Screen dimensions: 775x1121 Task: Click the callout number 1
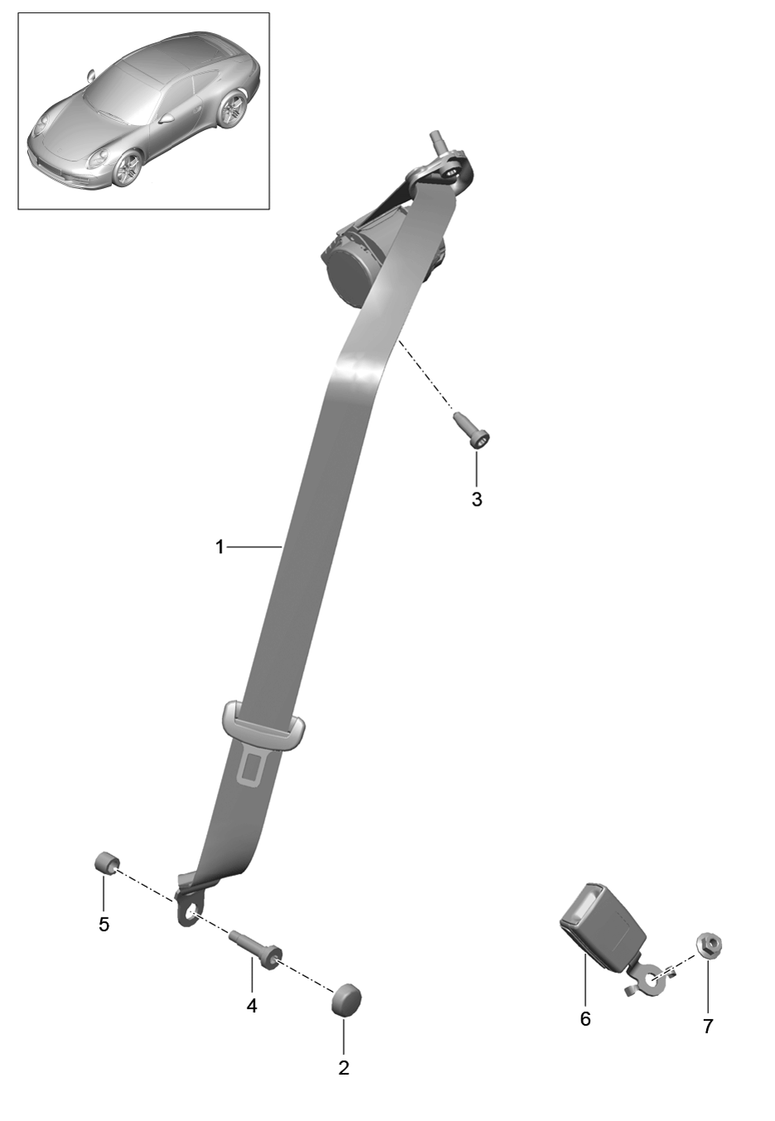point(219,547)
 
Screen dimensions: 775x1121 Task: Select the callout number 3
point(477,499)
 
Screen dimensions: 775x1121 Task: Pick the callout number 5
point(103,924)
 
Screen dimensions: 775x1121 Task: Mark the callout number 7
point(707,1026)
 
